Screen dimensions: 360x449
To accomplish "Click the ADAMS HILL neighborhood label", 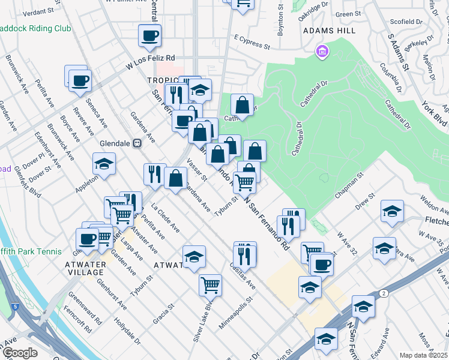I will point(329,31).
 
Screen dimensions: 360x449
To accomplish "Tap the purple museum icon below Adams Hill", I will point(322,52).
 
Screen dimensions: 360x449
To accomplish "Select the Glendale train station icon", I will point(137,143).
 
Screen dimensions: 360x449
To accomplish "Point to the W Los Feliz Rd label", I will point(149,62).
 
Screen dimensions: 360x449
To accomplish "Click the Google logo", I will point(19,353).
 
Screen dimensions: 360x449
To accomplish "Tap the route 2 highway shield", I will point(382,293).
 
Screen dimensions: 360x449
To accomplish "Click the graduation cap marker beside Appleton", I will point(104,164).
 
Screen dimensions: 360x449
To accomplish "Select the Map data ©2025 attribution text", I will point(423,355).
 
